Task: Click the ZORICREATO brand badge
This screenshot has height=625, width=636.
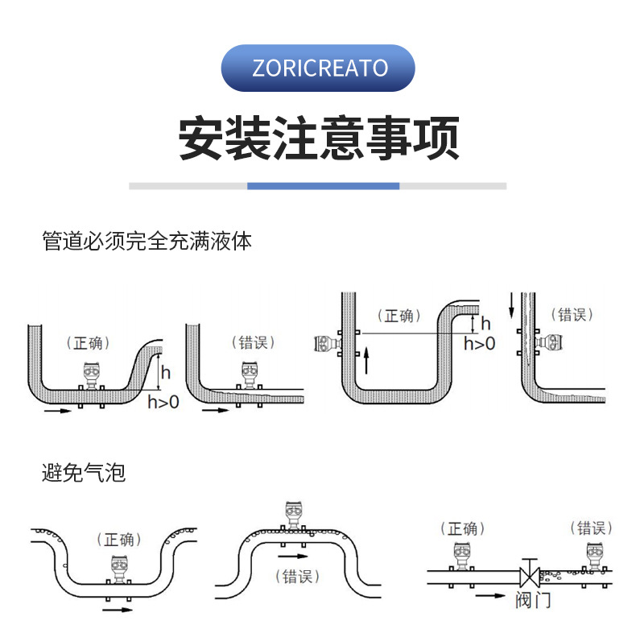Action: coord(319,68)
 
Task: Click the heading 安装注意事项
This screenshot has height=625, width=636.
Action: coord(319,139)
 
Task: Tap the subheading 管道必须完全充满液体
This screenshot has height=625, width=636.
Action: coord(147,241)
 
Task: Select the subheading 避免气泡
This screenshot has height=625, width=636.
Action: coord(84,473)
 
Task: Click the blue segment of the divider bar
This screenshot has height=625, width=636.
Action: coord(323,186)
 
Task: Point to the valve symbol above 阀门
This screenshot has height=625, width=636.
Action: coord(529,574)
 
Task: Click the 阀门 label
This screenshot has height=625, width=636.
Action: coord(532,600)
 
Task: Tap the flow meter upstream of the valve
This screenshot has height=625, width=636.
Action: coord(461,557)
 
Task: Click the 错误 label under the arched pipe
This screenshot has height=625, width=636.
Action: coord(297,577)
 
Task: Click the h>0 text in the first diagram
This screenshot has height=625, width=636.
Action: coord(163,402)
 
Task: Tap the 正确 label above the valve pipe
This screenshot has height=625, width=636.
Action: coord(463,528)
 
